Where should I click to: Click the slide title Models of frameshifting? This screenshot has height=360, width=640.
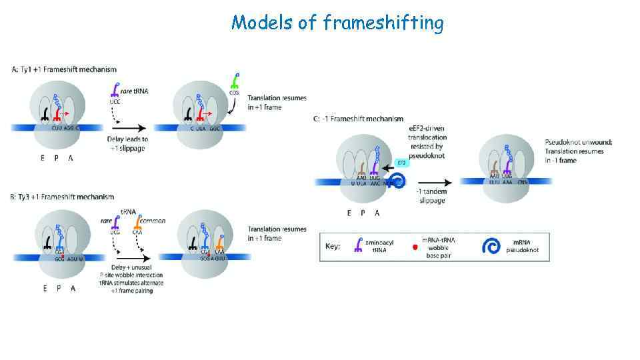pos(337,23)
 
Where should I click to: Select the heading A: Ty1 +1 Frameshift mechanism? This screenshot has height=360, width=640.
pos(64,69)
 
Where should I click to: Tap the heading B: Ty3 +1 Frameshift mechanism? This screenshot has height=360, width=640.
pos(63,197)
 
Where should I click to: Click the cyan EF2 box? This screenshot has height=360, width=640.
pos(401,162)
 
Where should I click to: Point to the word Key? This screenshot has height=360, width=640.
pos(333,247)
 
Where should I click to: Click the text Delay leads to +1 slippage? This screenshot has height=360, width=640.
pos(127,144)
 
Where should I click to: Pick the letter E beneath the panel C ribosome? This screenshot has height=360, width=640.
pos(349,213)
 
